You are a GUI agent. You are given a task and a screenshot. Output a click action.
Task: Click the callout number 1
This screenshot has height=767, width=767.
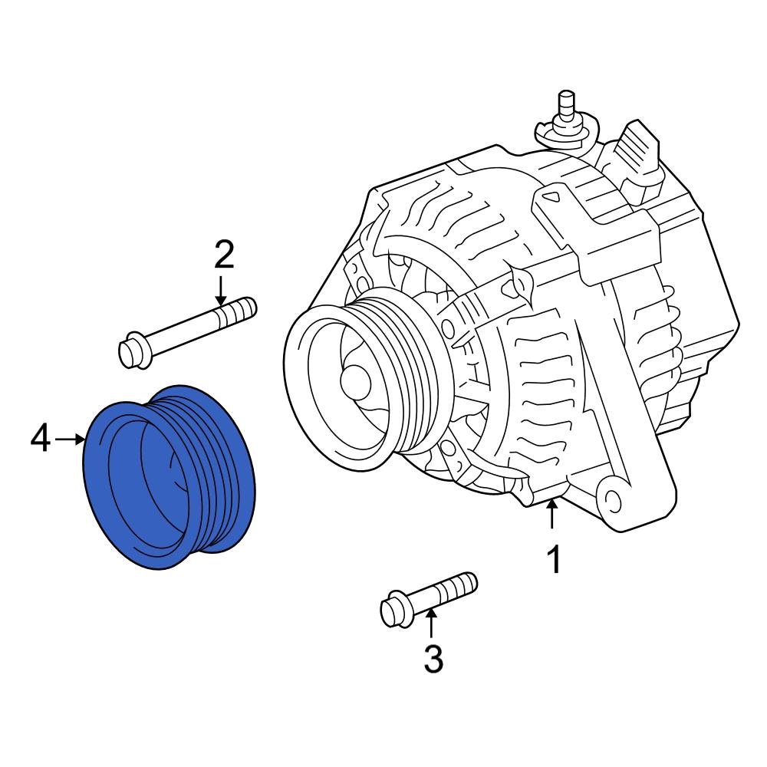(x=553, y=560)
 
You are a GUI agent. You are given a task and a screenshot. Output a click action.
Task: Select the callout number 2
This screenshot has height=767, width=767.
(x=223, y=254)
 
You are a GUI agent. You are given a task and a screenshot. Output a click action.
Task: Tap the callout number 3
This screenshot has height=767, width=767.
(x=433, y=659)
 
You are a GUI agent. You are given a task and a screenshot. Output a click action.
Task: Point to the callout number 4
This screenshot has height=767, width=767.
(x=41, y=439)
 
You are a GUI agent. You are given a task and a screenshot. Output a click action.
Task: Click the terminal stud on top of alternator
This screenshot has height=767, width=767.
(x=567, y=104)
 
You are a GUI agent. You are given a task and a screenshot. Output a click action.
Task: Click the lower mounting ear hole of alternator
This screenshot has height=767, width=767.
(x=611, y=499)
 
